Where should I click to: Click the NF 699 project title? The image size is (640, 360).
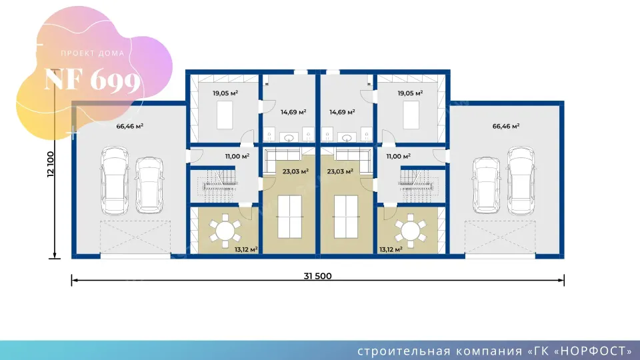93,80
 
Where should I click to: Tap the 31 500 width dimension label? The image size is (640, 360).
317,276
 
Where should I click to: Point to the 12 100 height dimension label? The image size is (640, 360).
51,164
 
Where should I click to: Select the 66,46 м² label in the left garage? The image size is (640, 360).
130,126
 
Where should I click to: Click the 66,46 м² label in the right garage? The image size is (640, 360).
506,126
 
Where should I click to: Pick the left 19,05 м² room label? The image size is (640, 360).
225,93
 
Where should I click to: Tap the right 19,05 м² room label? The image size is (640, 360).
410,93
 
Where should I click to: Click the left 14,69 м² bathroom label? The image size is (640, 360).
293,112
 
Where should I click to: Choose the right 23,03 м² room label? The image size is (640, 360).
340,171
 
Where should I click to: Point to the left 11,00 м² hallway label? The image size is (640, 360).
237,156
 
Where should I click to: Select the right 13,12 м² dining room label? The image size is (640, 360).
391,249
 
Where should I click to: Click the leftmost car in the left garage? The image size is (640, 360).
115,181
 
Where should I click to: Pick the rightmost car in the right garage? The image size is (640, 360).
521,181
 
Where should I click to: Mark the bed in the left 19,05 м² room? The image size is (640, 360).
225,115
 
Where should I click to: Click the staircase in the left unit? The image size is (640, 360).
221,185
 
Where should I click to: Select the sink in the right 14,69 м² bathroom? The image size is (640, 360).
347,137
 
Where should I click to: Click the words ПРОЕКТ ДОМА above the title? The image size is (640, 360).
93,53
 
